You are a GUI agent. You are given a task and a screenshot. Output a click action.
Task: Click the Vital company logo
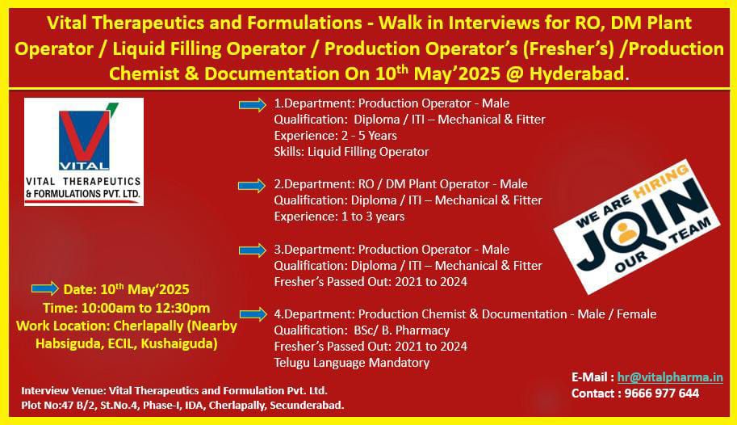[x=84, y=152]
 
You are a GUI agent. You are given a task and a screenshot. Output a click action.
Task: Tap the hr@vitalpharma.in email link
[x=670, y=377]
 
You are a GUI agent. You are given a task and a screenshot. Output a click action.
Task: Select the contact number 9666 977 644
[x=661, y=393]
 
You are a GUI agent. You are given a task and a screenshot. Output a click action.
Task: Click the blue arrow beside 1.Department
[x=253, y=104]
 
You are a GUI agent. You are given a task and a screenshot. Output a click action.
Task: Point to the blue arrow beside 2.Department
[x=253, y=186]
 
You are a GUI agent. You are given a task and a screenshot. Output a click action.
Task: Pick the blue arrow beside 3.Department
[x=253, y=250]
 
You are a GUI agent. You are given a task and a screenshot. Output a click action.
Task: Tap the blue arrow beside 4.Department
[x=253, y=314]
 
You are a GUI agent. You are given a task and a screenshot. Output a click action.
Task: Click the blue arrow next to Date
[x=45, y=288]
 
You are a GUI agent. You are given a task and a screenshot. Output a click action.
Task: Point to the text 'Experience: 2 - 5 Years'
[x=336, y=136]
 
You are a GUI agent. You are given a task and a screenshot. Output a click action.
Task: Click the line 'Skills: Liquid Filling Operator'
[x=352, y=152]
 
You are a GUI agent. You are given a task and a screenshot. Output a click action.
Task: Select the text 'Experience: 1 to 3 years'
[x=339, y=217]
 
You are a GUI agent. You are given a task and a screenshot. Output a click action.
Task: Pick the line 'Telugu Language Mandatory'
[x=352, y=363]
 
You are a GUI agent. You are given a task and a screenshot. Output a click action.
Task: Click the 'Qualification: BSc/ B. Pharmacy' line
[x=362, y=330]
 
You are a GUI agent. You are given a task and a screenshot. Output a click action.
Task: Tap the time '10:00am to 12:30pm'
[x=146, y=309]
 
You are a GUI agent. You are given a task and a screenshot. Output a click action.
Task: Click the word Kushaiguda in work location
[x=179, y=344]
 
